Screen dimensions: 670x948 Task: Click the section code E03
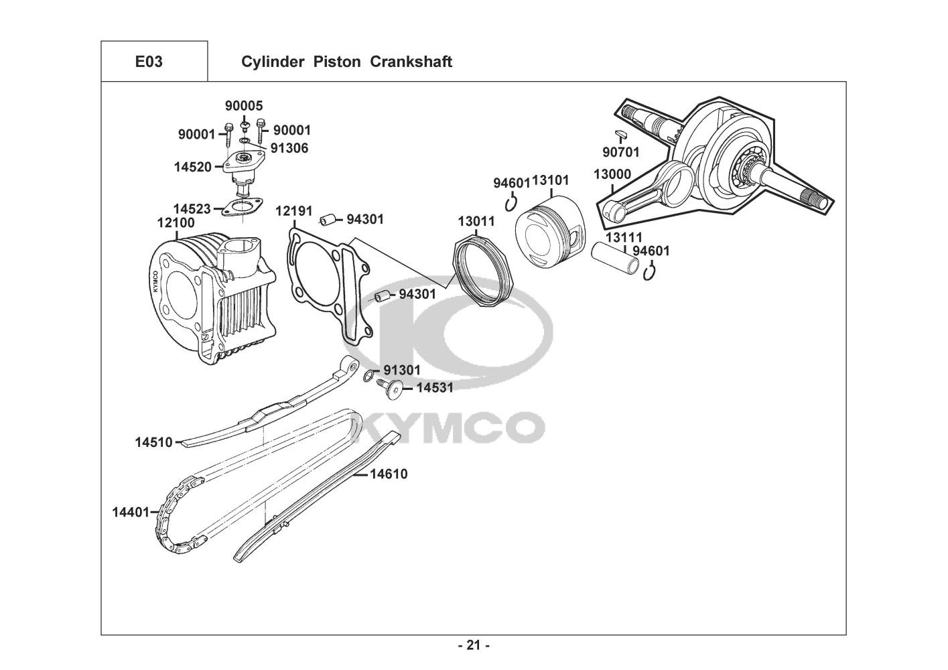(x=149, y=62)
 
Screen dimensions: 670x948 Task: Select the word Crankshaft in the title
(x=417, y=62)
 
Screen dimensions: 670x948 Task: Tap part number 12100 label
(x=176, y=222)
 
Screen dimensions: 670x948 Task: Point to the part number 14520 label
(x=193, y=167)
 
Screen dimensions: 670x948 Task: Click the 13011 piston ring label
(x=476, y=221)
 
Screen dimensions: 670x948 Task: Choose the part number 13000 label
(x=612, y=175)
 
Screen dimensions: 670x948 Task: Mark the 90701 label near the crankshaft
(x=620, y=152)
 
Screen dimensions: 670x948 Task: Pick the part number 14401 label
(x=130, y=513)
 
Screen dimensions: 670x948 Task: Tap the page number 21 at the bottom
(x=474, y=645)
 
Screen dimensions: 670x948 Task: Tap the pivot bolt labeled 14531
(x=391, y=388)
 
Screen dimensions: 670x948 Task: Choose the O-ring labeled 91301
(x=368, y=377)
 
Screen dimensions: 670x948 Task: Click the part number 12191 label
(x=294, y=212)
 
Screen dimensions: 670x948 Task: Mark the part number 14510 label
(x=153, y=442)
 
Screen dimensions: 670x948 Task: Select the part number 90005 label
(x=244, y=106)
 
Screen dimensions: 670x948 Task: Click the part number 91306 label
(x=289, y=148)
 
